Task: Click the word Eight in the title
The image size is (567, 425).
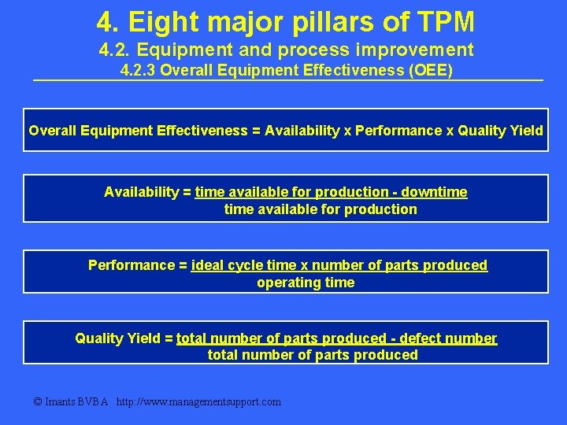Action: coord(161,20)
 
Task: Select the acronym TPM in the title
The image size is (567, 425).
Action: coord(445,20)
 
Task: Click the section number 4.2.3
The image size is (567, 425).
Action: coord(138,72)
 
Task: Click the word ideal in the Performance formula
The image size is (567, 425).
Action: coord(206,265)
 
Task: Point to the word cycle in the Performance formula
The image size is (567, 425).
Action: coord(245,265)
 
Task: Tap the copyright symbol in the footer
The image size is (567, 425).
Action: coord(38,402)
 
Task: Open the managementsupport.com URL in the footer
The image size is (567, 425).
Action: coord(198,402)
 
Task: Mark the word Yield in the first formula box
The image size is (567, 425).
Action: coord(527,131)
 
